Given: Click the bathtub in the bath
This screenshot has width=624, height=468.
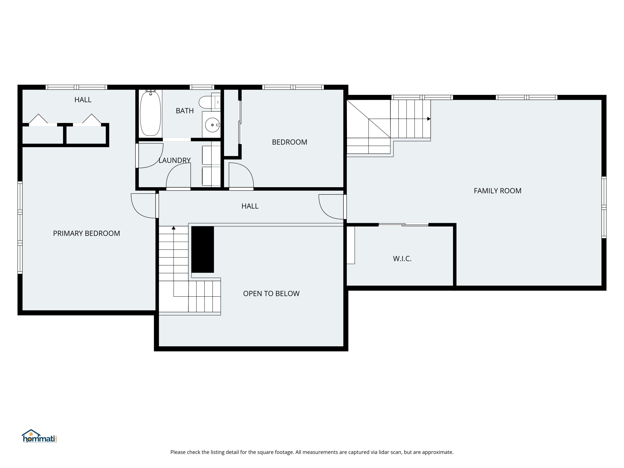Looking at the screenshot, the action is tap(150, 113).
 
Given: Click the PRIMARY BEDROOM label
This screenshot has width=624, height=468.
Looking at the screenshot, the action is tap(87, 233).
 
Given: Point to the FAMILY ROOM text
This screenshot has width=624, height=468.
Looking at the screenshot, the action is tap(498, 191).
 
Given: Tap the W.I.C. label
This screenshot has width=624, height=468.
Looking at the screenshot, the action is tap(402, 259).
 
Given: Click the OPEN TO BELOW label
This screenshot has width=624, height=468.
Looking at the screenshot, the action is tap(271, 294).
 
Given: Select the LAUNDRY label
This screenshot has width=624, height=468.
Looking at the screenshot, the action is tap(175, 160).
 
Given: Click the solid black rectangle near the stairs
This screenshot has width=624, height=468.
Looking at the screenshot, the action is tap(203, 249).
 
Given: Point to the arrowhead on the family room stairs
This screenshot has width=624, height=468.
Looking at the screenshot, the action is tap(429, 119).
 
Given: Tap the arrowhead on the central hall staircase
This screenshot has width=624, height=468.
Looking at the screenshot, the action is tap(173, 228).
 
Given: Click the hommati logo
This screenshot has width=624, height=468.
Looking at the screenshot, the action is tap(40, 436).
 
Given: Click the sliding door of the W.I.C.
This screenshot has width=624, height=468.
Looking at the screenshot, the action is tap(403, 225).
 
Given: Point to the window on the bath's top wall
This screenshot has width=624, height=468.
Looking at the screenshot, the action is tap(202, 87).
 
